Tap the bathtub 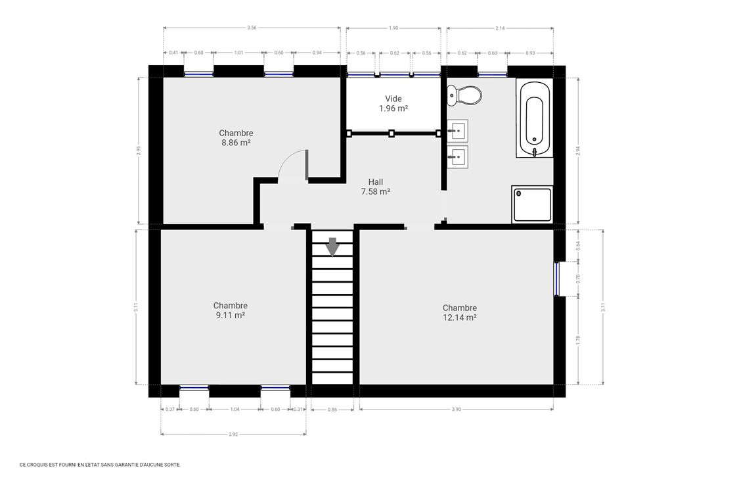pos(534,118)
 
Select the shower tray pos(532,204)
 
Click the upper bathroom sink pos(457,131)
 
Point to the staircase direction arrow pos(332,246)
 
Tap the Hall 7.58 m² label pos(375,187)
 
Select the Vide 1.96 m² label pos(393,104)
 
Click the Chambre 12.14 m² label pos(459,312)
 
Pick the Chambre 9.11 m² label pos(230,310)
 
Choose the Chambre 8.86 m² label pos(236,137)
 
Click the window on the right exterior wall pos(556,279)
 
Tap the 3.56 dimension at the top pos(252,28)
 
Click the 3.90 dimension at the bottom pos(457,410)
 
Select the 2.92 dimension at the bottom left pos(233,434)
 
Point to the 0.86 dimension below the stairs pos(332,410)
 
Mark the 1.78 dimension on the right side pos(578,339)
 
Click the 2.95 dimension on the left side pos(138,151)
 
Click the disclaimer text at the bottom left pos(100,464)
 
